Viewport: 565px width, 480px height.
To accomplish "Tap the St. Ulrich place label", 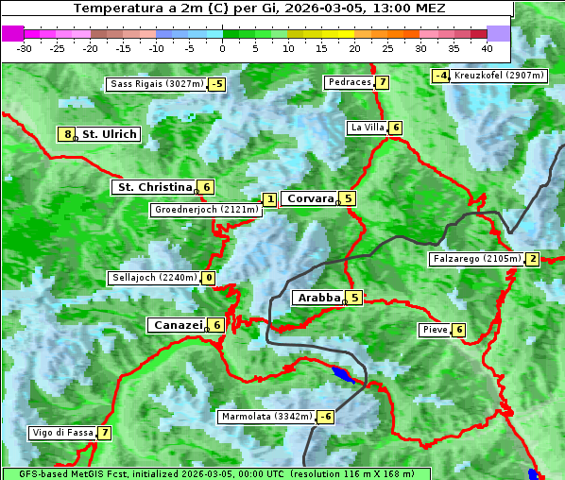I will [110, 134].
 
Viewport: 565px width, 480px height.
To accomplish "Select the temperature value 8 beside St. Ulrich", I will [66, 134].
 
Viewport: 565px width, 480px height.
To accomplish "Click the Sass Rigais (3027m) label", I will [156, 84].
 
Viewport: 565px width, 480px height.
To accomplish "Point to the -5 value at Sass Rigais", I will [217, 84].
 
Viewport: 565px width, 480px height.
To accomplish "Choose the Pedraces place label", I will [349, 82].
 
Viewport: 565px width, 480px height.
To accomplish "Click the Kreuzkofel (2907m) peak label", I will [498, 75].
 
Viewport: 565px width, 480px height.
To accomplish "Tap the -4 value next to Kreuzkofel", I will [440, 76].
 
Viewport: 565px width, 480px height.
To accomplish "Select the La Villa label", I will [366, 128].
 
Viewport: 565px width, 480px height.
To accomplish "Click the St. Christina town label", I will [153, 187].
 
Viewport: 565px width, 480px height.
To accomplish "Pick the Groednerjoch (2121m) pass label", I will [205, 210].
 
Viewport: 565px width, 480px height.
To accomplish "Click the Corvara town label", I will [310, 198].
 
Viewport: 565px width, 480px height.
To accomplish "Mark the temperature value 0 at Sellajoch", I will [208, 278].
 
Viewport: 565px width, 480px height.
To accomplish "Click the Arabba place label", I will [318, 298].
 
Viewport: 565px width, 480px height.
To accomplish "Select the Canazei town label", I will [177, 325].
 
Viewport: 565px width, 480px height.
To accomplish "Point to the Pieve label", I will [435, 330].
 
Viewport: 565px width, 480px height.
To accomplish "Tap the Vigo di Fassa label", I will [62, 433].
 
